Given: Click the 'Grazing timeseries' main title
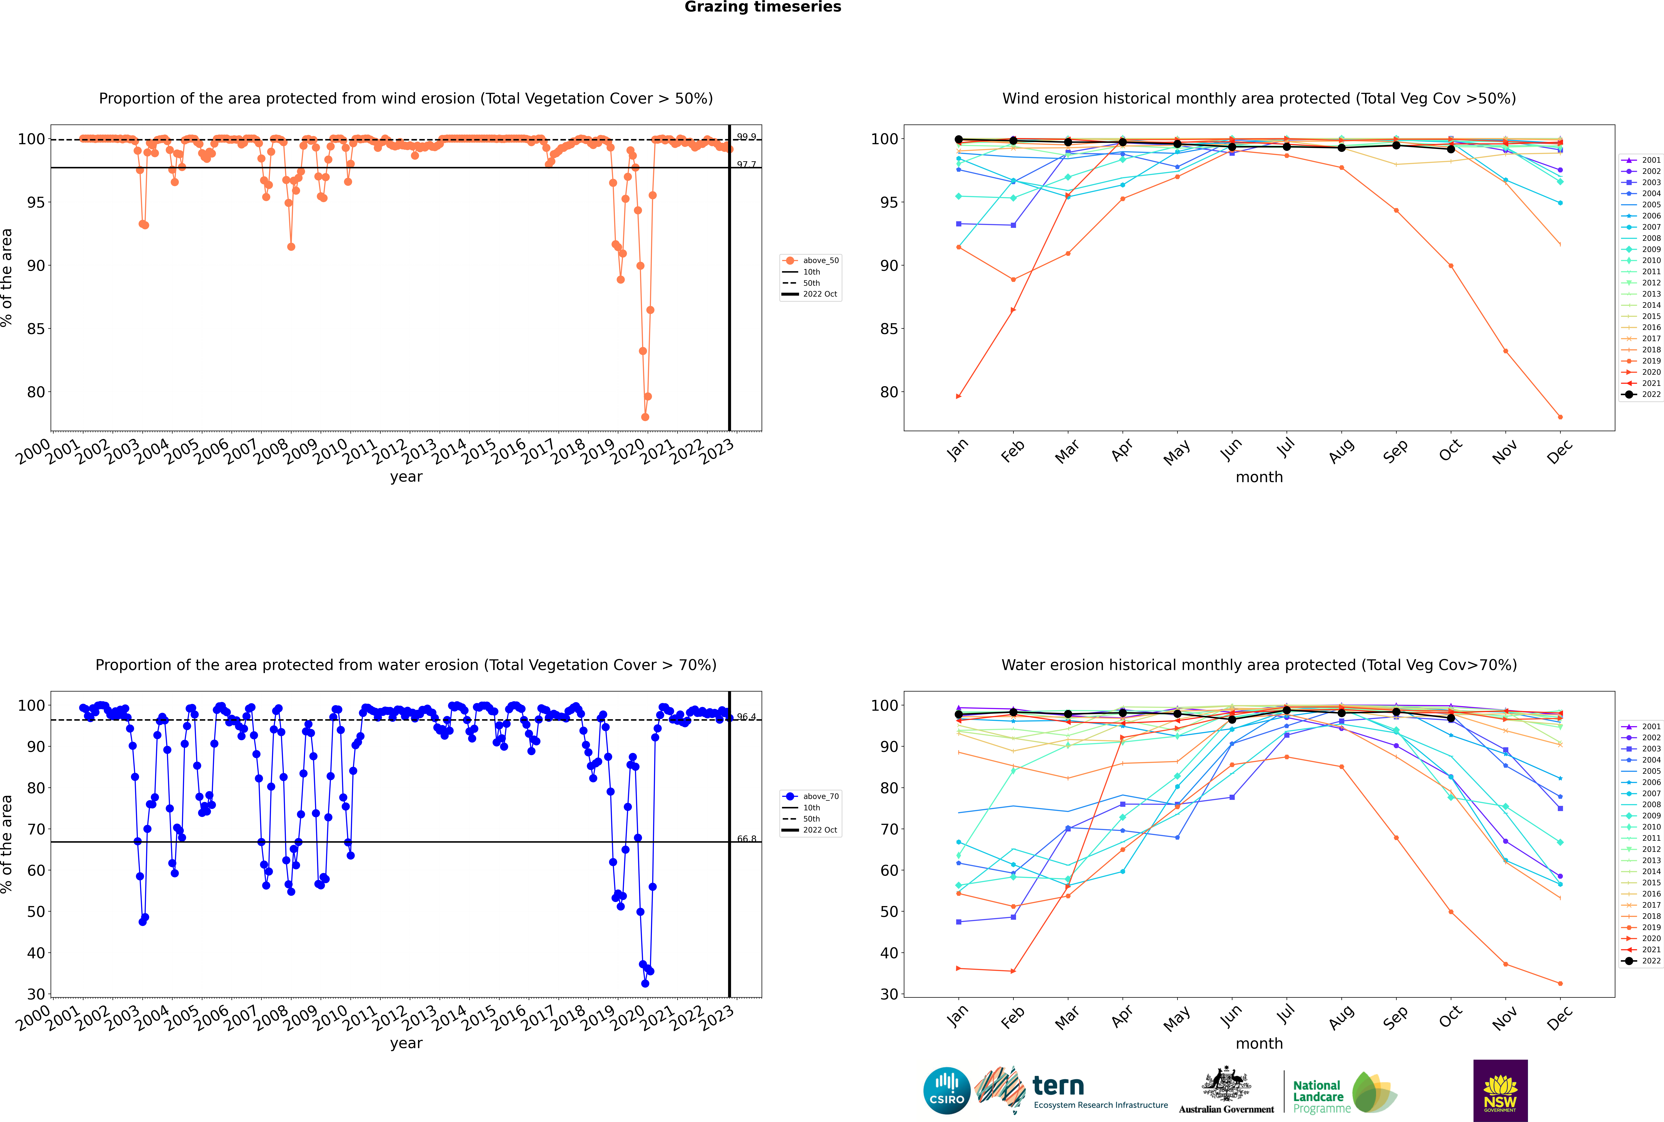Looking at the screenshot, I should click(x=763, y=7).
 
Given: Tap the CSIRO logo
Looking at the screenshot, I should click(x=946, y=1091).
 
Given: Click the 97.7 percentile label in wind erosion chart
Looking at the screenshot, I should click(x=746, y=165).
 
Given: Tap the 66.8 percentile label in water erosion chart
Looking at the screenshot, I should click(x=746, y=839).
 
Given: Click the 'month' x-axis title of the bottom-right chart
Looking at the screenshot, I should click(x=1259, y=1043).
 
